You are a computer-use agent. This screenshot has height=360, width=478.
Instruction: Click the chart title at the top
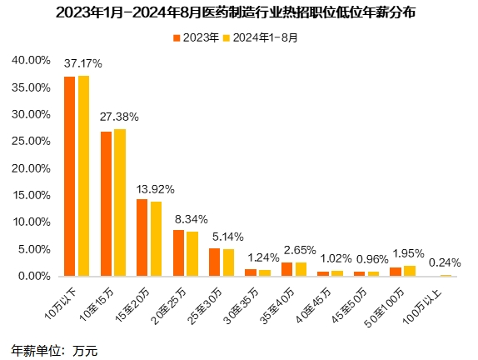[238, 13]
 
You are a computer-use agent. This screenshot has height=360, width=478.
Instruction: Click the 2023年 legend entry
[197, 37]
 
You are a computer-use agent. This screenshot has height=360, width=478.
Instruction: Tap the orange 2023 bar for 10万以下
[70, 176]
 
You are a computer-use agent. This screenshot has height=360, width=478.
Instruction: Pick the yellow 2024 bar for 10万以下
[83, 176]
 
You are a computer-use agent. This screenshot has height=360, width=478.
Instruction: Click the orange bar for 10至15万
[107, 203]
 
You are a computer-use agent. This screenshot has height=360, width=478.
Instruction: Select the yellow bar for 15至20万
[156, 238]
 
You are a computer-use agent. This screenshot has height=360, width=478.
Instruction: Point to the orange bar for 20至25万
[178, 252]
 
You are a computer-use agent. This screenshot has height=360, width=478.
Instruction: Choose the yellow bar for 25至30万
[228, 262]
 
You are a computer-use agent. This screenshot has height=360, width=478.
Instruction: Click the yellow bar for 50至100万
[409, 270]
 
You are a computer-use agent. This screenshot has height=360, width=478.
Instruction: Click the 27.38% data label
[119, 117]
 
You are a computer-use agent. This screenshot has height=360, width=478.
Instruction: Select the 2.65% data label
[301, 250]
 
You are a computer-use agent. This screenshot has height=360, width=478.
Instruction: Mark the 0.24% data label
[445, 262]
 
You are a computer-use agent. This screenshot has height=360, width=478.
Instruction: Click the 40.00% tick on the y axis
[31, 60]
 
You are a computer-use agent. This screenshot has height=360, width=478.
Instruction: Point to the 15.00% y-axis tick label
[31, 195]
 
